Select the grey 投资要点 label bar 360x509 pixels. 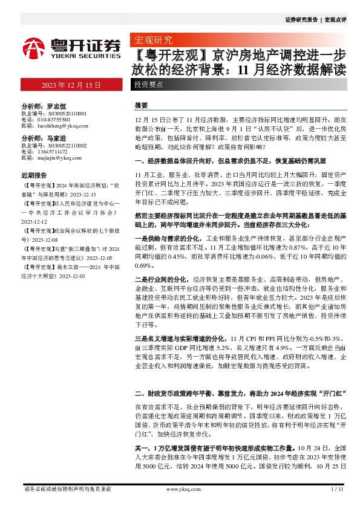tap(148, 85)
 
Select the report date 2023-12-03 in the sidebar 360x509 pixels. tap(71, 275)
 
